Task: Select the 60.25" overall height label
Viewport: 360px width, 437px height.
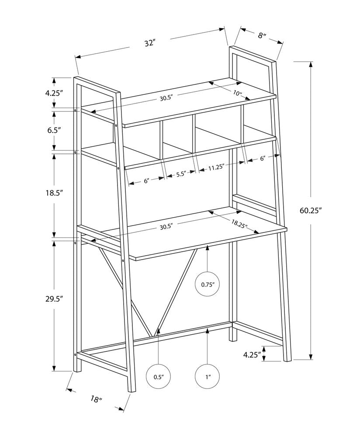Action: [310, 210]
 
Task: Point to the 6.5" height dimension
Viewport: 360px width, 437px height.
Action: [54, 130]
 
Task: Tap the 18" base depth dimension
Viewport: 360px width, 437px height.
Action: [97, 398]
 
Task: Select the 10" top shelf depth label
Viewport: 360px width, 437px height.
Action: [237, 93]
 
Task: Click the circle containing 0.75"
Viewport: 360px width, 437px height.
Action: [207, 284]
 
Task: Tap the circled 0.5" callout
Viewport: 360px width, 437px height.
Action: [158, 376]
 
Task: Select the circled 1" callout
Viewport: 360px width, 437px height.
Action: [207, 376]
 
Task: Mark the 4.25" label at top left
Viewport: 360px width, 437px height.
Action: [54, 93]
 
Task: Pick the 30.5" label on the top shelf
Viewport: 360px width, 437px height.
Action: [166, 99]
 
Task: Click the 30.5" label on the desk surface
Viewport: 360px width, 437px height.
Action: [166, 226]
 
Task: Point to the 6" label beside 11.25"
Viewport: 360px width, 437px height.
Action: [263, 159]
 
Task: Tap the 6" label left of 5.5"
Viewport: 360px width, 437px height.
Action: [146, 180]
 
